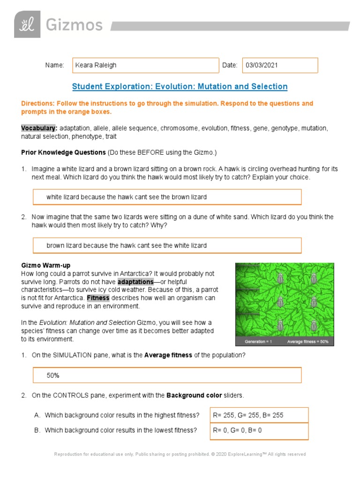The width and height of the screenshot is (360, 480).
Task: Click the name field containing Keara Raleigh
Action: (x=145, y=66)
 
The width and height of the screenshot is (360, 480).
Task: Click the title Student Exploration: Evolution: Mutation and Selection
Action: (x=180, y=87)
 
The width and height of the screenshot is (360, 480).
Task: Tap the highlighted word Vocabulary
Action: (x=39, y=128)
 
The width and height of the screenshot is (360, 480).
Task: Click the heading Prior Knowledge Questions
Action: (x=63, y=152)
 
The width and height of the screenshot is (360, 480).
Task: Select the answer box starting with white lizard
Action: (x=167, y=197)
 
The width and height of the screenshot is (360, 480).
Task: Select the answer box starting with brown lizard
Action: (x=167, y=245)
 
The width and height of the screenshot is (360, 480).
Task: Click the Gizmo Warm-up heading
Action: (x=45, y=265)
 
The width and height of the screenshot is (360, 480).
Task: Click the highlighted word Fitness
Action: (x=98, y=298)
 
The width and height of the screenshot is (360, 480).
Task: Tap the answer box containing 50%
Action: (x=167, y=375)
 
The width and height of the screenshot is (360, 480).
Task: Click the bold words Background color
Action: (x=191, y=396)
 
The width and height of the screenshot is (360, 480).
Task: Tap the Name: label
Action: (x=54, y=66)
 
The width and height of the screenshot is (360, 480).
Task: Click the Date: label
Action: (x=230, y=66)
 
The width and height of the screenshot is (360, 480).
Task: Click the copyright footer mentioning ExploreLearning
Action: (x=180, y=454)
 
